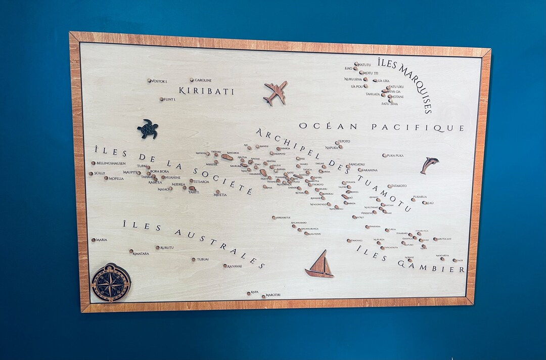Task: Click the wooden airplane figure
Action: [276, 93]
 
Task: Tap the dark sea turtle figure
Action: [148, 129]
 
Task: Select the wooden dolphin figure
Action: [429, 164]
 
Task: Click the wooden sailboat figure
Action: [320, 265]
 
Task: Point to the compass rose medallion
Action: [110, 283]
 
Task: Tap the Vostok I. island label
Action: [159, 81]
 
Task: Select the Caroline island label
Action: [203, 80]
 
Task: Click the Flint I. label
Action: [170, 100]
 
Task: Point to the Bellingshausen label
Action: [111, 163]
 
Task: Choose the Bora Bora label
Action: [159, 171]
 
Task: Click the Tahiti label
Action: [194, 192]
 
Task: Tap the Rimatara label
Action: [141, 253]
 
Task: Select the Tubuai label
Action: [203, 259]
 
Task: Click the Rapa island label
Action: [255, 292]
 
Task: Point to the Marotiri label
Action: [273, 295]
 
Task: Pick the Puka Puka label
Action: [395, 156]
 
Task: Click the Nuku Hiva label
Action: [353, 79]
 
